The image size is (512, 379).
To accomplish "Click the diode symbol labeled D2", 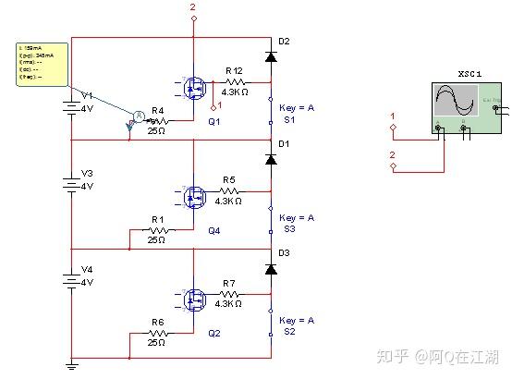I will [270, 57].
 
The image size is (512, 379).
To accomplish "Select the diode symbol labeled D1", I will [270, 160].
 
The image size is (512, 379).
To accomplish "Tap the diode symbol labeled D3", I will [270, 269].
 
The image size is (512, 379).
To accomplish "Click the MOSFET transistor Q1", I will [195, 90].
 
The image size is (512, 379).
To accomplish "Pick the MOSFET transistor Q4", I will [195, 196].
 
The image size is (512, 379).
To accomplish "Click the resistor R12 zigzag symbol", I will [233, 82].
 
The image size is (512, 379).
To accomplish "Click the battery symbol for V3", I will [72, 184].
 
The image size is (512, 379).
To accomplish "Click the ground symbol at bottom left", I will [72, 365].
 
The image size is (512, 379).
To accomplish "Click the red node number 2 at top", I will [193, 7].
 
